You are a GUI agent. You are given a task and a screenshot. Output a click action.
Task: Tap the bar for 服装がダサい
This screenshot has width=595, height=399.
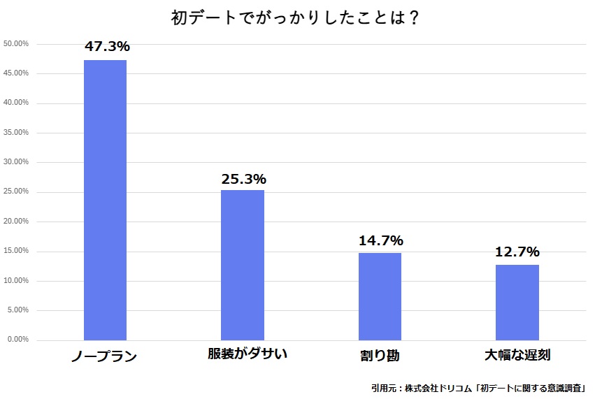[242, 265]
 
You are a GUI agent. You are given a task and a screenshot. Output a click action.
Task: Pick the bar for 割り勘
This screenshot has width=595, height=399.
[380, 296]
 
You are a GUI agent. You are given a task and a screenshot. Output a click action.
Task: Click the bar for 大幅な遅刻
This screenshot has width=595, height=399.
[517, 302]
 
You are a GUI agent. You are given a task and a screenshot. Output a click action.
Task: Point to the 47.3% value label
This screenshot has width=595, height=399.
[107, 47]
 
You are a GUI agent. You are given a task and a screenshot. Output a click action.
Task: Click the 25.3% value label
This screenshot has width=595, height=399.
[243, 179]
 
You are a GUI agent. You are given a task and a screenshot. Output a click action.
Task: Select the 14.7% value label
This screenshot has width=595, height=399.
[380, 240]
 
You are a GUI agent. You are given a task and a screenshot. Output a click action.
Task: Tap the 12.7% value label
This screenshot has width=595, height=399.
[517, 252]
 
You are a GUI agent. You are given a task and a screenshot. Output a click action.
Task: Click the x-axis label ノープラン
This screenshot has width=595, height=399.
[104, 356]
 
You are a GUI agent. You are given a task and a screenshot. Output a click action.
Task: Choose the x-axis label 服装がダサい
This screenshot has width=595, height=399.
[248, 354]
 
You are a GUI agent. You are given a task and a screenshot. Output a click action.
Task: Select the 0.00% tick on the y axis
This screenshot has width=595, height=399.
[17, 340]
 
